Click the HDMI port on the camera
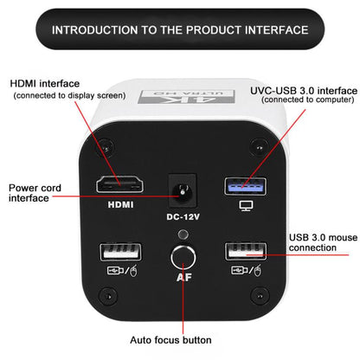[119, 184]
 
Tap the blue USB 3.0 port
[246, 186]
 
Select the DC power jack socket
[183, 190]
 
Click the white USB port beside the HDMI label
[120, 252]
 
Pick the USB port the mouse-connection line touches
[246, 252]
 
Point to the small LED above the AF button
[183, 235]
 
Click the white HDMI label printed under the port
[121, 205]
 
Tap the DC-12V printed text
[183, 216]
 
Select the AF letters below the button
[184, 278]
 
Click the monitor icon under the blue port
[246, 206]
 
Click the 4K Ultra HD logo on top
[186, 97]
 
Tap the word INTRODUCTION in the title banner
[95, 30]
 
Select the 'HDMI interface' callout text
[45, 84]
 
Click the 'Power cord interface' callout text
[35, 193]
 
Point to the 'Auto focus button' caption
[170, 340]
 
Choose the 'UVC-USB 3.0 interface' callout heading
[304, 91]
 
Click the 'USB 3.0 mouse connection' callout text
[323, 242]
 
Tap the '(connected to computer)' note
[308, 100]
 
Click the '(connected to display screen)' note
[69, 95]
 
